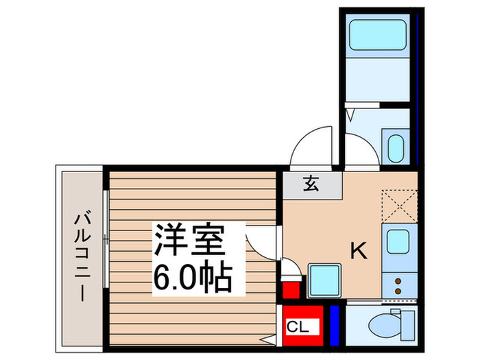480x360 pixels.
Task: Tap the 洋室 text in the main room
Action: click(x=189, y=241)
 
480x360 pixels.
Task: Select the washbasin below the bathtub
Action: click(x=396, y=147)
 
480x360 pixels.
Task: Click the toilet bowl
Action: click(x=381, y=324)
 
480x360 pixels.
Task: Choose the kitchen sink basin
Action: click(x=398, y=241)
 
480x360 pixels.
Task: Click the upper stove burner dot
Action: click(x=398, y=281)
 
